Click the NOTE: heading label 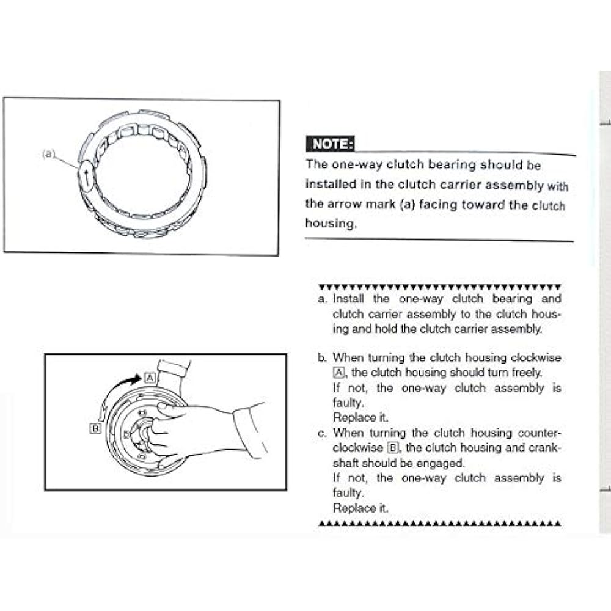[331, 145]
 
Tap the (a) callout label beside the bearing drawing [49, 154]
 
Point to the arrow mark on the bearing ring [87, 178]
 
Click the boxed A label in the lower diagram [150, 378]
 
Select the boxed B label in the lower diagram [95, 428]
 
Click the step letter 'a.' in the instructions [323, 299]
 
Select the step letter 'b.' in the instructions [323, 358]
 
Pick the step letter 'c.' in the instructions [323, 433]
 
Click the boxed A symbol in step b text [338, 373]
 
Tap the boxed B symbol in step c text [394, 448]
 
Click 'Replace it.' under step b [360, 418]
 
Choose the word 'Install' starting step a [348, 299]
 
